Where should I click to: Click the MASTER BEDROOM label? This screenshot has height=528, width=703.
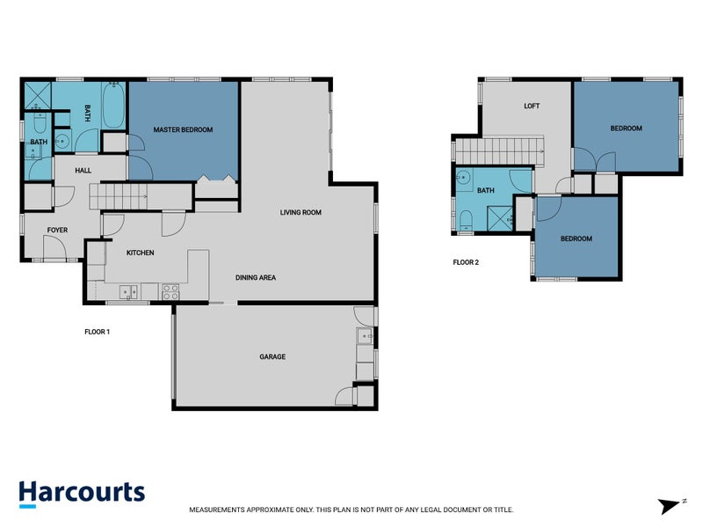pyautogui.click(x=183, y=130)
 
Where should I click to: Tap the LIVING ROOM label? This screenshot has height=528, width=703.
pyautogui.click(x=301, y=212)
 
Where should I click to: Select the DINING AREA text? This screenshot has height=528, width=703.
pyautogui.click(x=256, y=278)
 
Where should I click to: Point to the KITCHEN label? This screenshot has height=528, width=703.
pyautogui.click(x=140, y=253)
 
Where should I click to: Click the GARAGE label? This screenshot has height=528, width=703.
pyautogui.click(x=272, y=357)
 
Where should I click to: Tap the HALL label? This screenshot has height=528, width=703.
pyautogui.click(x=83, y=171)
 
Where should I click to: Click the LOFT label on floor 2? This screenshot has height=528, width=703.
pyautogui.click(x=532, y=106)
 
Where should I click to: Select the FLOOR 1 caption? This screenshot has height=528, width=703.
pyautogui.click(x=96, y=333)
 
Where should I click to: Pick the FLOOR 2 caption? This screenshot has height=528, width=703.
pyautogui.click(x=466, y=262)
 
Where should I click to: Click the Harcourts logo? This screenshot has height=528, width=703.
pyautogui.click(x=82, y=493)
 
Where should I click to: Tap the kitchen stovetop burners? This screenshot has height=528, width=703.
pyautogui.click(x=170, y=290)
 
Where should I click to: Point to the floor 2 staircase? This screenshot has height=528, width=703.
pyautogui.click(x=502, y=150)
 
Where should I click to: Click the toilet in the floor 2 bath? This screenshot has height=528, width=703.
pyautogui.click(x=463, y=218)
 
